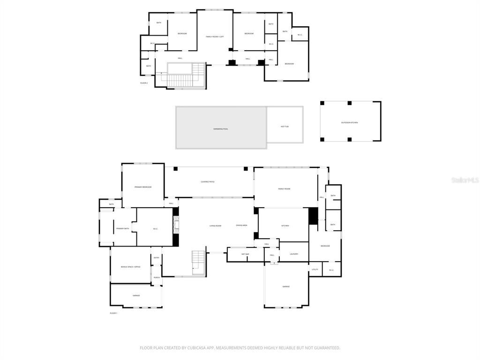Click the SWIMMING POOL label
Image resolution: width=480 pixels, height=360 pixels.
coord(220,128)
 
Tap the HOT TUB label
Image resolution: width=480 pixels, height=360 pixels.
coord(285,127)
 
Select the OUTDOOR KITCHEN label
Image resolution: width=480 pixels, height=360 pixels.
coord(349,122)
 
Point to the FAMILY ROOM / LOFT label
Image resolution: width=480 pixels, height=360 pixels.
coord(215,37)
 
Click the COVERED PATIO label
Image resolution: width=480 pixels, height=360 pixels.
coord(208,182)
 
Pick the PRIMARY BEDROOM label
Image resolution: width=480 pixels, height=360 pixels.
coord(143,187)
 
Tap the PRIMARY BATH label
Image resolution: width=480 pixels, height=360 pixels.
coord(122,228)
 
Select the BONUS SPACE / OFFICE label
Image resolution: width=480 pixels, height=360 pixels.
coord(130,267)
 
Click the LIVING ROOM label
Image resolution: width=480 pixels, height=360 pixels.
coord(215,226)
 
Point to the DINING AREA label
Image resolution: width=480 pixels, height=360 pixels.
coord(241,225)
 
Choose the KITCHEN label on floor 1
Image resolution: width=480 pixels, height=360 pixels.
coord(285,226)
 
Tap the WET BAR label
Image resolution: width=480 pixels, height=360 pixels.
coord(245,254)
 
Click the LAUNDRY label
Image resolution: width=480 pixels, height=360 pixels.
coord(294,254)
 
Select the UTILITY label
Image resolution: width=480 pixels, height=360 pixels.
coord(315,270)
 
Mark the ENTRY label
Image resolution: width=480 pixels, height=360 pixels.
coord(157,257)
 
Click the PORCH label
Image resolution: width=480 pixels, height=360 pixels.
coord(157,277)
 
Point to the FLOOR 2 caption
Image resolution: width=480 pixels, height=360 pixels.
coord(144,83)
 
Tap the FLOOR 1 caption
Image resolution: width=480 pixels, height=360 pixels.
coord(113,313)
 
